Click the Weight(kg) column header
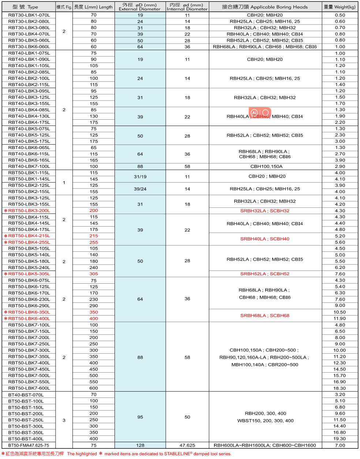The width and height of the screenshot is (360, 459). click(x=340, y=7)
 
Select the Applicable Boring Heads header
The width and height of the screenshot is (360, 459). click(x=265, y=7)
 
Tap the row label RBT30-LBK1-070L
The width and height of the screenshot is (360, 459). click(x=29, y=15)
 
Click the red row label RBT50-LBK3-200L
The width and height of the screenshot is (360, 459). click(x=29, y=210)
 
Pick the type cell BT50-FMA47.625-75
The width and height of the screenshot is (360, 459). click(x=29, y=445)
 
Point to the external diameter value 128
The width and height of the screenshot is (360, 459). click(x=140, y=445)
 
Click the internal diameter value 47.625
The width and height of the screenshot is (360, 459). click(x=187, y=445)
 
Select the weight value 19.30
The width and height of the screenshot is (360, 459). click(x=340, y=439)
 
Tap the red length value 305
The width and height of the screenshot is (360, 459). click(x=94, y=274)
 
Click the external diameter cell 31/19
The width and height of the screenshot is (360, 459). click(x=140, y=176)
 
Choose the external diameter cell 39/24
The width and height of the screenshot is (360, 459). click(x=140, y=189)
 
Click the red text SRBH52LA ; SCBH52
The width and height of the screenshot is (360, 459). click(x=265, y=274)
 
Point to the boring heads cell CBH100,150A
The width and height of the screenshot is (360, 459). click(x=265, y=166)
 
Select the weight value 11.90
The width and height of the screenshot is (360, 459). click(x=340, y=318)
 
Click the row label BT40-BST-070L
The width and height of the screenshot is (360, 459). click(x=26, y=395)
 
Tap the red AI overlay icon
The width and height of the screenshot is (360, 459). click(x=255, y=112)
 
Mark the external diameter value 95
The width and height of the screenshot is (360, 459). click(x=140, y=417)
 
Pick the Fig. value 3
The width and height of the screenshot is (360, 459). click(x=64, y=420)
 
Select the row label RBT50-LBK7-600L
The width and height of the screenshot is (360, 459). click(x=29, y=388)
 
